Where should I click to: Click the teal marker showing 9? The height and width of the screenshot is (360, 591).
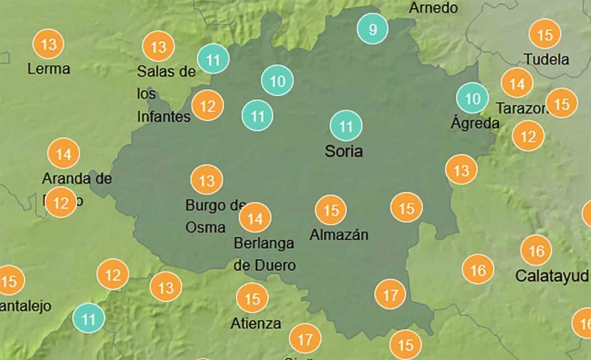pos(372,31)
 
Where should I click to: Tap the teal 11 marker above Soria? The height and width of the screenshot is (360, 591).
pos(346,127)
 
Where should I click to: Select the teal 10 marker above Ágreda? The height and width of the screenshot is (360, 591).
pos(473,99)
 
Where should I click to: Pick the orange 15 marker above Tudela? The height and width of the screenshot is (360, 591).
pos(545,35)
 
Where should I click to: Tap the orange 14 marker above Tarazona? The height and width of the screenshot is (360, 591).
pos(517,84)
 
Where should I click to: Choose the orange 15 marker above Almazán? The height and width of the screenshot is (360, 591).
pos(331,210)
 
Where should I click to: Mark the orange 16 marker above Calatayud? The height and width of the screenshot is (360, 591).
pos(536,251)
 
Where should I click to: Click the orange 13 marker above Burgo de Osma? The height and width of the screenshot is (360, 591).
pos(207,180)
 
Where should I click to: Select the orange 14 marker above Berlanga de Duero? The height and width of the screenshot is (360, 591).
pos(255,218)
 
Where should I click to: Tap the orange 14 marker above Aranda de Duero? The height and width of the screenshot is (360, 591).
pos(64,154)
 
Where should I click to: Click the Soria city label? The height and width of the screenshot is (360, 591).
pos(344,152)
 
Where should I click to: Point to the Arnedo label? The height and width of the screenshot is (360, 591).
pos(433,7)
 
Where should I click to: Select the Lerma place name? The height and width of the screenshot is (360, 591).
pos(49,68)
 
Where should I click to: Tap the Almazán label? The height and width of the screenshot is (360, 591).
pos(339,234)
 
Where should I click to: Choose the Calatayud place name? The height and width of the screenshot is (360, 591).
pos(551,275)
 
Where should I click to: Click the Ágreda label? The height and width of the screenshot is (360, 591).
pos(475,123)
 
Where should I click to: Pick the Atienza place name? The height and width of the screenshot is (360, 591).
pos(257,323)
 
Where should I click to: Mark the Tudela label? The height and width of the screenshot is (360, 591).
pos(546,60)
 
